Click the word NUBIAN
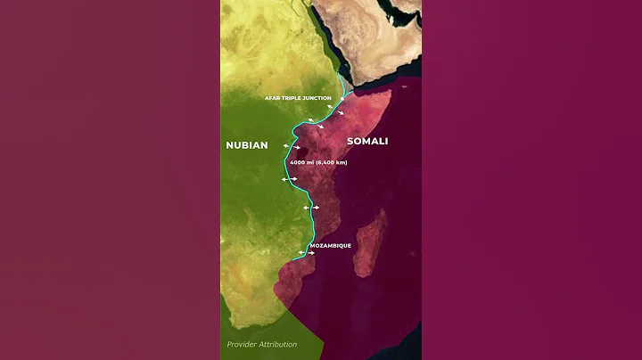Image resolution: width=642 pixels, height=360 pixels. pos(248,144)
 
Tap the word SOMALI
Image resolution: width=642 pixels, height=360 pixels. pos(368,142)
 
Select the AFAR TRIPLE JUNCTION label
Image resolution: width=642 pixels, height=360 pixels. pos(298,97)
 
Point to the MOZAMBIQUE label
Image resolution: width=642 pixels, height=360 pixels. pos(330,245)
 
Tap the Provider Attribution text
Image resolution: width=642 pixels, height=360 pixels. pos(262,344)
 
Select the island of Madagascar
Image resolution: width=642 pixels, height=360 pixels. pos(370,242)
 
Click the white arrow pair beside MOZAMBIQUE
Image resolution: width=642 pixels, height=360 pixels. pos(308,253)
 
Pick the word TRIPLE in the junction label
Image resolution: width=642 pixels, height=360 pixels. pos(295,97)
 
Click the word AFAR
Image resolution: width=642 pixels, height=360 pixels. pos(273,97)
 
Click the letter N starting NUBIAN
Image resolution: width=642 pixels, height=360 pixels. pos(230,144)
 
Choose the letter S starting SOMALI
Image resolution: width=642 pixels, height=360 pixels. pos(350,142)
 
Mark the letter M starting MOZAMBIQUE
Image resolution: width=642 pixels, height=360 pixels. pos(311,245)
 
